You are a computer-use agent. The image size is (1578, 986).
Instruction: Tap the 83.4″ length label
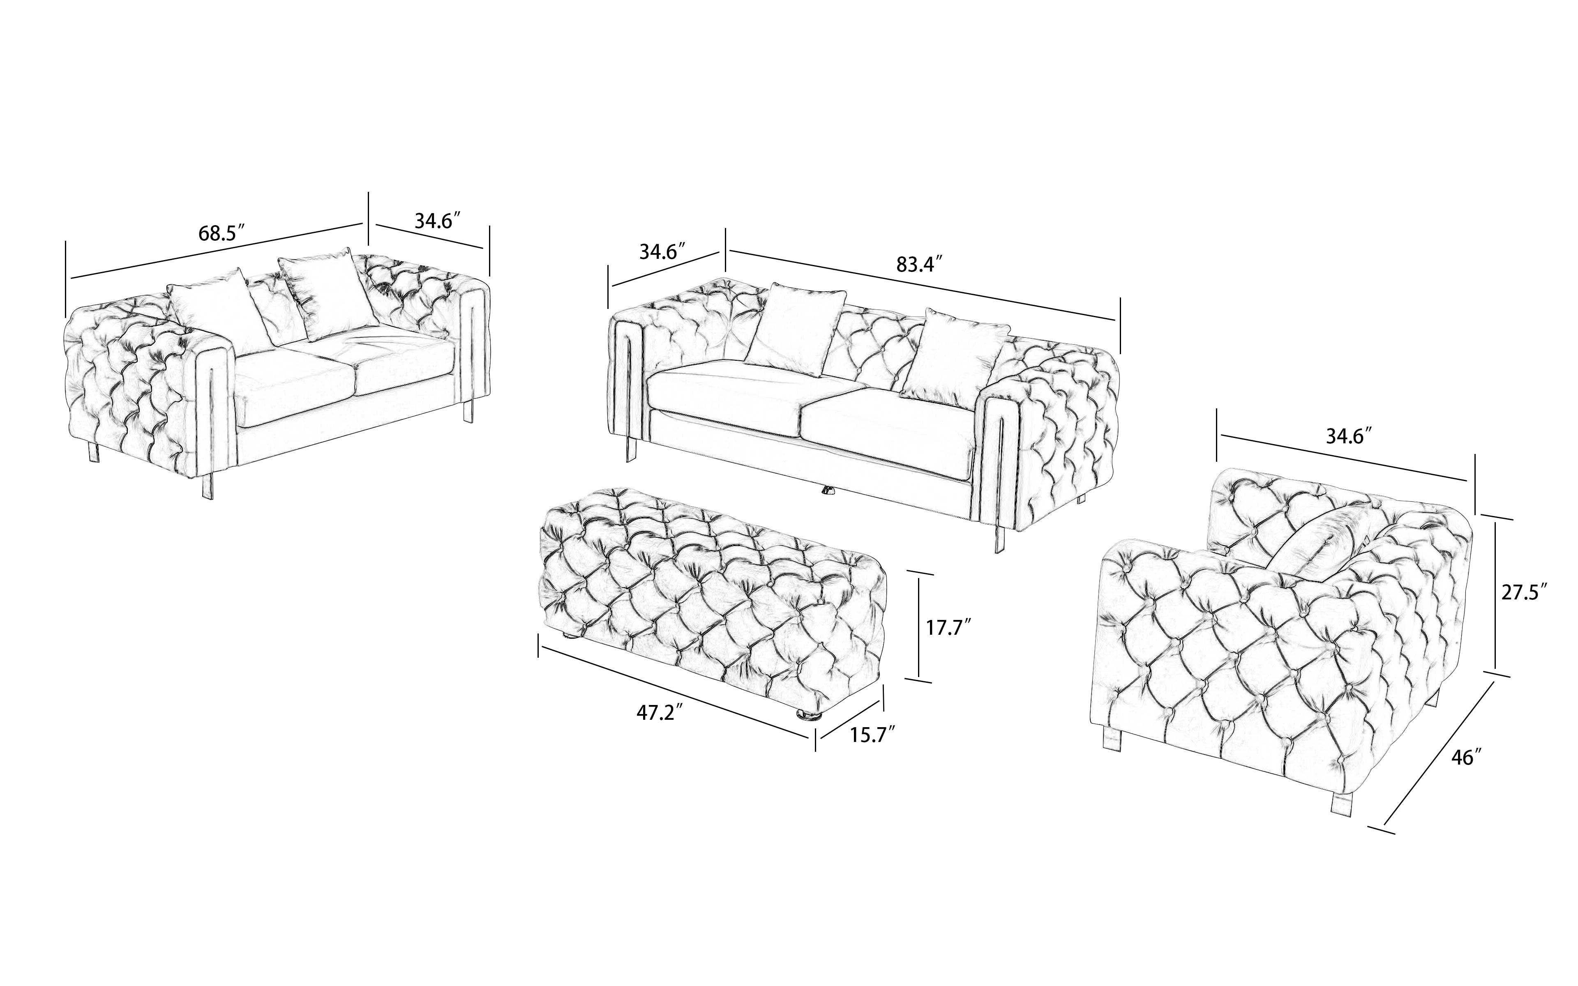[x=919, y=264]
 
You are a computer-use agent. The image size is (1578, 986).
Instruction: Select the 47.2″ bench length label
[x=660, y=713]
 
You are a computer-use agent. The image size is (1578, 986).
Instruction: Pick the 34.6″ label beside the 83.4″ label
[x=662, y=251]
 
